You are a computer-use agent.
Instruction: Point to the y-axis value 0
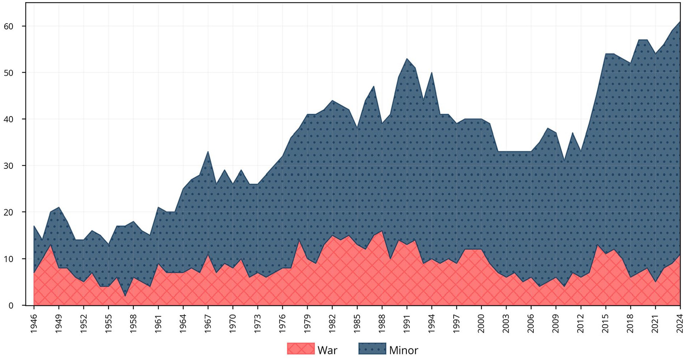(11, 305)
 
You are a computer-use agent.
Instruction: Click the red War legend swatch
(301, 349)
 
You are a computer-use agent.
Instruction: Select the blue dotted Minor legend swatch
(372, 349)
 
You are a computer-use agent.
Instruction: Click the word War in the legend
(327, 350)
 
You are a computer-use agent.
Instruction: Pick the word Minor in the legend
(404, 350)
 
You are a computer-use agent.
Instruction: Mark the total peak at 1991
(407, 59)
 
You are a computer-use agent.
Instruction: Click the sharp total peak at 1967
(208, 152)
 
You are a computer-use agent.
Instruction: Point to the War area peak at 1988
(382, 231)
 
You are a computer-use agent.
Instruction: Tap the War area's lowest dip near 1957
(125, 296)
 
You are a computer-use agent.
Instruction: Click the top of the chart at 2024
(680, 22)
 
